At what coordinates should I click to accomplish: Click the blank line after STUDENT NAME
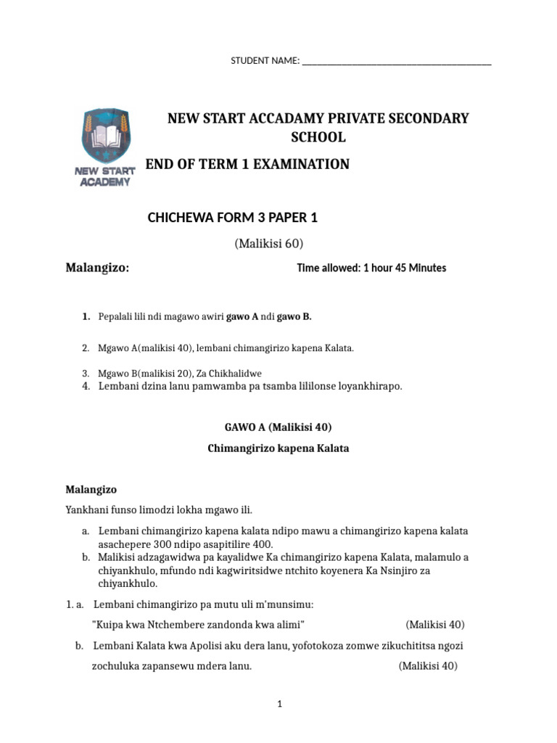point(396,62)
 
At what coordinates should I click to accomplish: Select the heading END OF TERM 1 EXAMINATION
point(247,165)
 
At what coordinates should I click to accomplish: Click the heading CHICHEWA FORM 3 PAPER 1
point(233,217)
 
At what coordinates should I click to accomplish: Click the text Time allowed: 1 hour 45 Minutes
point(371,268)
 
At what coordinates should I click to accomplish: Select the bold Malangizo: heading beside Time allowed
point(98,268)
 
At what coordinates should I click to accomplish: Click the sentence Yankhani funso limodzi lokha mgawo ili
point(159,509)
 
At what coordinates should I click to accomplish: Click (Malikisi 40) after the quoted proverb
point(435,625)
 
